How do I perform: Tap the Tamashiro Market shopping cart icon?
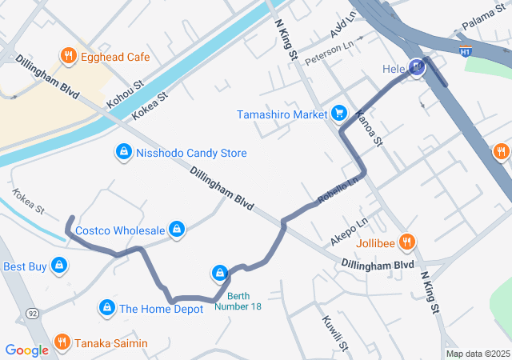pyautogui.click(x=339, y=114)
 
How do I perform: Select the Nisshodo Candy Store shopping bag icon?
pyautogui.click(x=123, y=152)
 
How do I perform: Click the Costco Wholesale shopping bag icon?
pyautogui.click(x=178, y=230)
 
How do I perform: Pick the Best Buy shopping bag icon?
pyautogui.click(x=58, y=266)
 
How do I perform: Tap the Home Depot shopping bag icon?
pyautogui.click(x=106, y=308)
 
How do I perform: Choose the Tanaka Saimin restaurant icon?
pyautogui.click(x=62, y=343)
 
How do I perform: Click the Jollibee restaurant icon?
pyautogui.click(x=406, y=241)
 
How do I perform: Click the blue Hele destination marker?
pyautogui.click(x=416, y=69)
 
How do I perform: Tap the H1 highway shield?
pyautogui.click(x=466, y=52)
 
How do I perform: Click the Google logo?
pyautogui.click(x=26, y=350)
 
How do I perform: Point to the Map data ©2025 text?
pyautogui.click(x=477, y=354)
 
